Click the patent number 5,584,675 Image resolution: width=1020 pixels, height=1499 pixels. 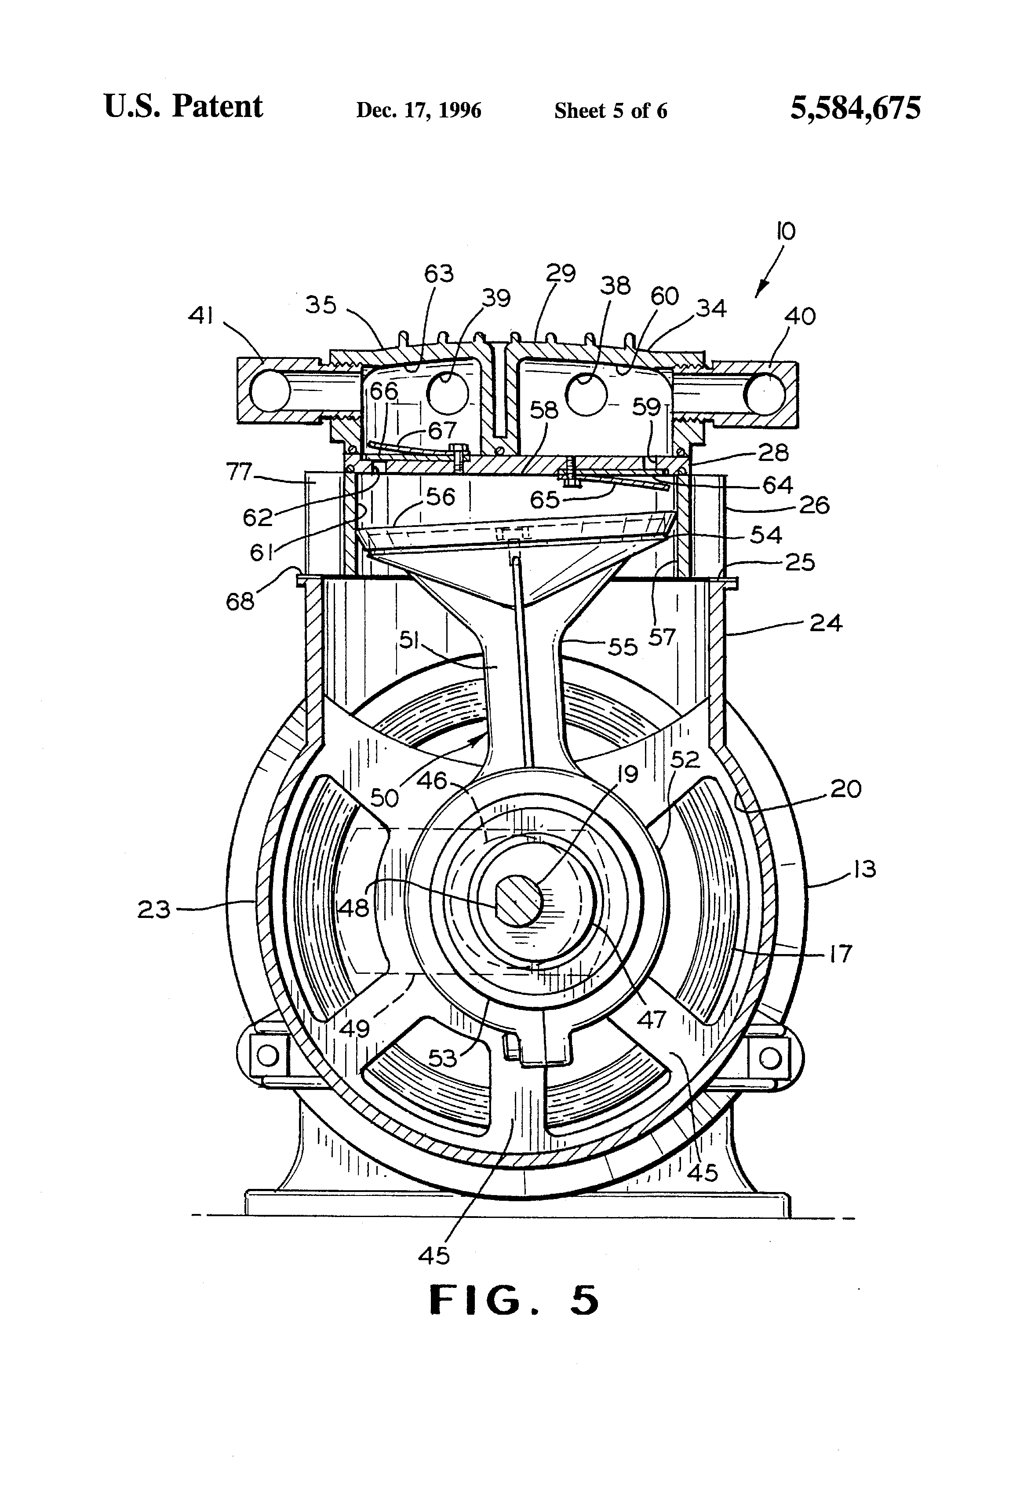(856, 108)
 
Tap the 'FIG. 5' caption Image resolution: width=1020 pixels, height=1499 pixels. (514, 1300)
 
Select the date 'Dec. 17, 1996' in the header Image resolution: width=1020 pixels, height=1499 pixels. (419, 110)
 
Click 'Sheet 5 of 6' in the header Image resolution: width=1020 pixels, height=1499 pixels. (611, 111)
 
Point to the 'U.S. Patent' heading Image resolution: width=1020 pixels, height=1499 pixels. (183, 106)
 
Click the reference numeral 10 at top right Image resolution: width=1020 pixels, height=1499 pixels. (787, 231)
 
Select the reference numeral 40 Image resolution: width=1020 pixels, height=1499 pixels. (801, 316)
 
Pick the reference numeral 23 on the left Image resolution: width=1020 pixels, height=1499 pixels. (153, 910)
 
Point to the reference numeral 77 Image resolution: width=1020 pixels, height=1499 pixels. (239, 472)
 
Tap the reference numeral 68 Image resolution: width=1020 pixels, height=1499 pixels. (240, 602)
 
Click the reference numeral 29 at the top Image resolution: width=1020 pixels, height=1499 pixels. (560, 274)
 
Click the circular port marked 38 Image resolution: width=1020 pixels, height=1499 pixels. (586, 394)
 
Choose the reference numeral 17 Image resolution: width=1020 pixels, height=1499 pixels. (841, 953)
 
